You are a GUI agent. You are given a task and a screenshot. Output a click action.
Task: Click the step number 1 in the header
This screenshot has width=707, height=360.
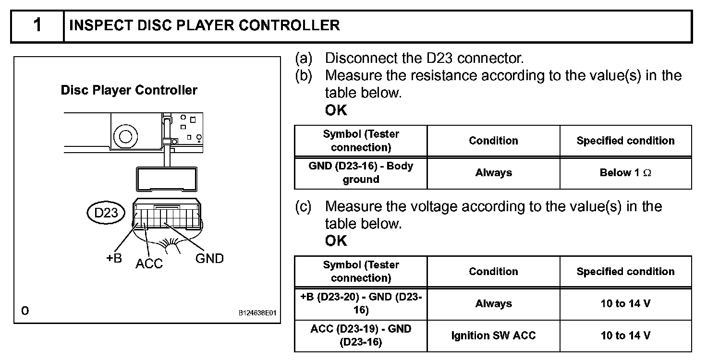click(37, 25)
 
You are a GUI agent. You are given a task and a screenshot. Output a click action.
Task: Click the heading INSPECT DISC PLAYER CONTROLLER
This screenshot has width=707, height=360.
click(205, 25)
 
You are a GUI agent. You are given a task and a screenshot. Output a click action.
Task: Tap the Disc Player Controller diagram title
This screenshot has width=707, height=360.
click(129, 90)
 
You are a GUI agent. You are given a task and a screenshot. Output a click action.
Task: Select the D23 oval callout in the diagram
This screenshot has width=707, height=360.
click(106, 213)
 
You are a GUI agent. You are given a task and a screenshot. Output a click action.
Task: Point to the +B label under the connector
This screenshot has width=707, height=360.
click(114, 258)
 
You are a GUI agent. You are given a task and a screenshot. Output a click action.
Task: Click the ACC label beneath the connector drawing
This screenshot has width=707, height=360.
click(149, 264)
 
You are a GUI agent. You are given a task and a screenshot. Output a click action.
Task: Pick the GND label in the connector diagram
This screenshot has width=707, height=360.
click(209, 259)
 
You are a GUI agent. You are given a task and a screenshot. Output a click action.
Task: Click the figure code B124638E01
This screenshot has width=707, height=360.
click(258, 312)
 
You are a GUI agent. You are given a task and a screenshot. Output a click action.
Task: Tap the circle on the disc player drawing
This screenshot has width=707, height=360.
click(126, 136)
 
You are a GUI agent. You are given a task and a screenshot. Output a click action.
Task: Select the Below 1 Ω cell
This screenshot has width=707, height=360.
click(625, 173)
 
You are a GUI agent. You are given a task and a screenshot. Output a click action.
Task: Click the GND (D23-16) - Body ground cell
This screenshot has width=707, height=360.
click(361, 173)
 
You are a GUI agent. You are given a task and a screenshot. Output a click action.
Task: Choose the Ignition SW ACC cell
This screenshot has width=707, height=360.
click(493, 335)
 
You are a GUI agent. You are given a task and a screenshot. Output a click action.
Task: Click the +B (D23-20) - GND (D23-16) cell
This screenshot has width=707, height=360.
click(361, 304)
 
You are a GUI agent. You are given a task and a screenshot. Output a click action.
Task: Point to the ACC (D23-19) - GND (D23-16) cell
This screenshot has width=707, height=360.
click(361, 335)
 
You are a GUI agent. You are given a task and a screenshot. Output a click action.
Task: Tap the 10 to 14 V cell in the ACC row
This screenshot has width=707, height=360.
click(625, 335)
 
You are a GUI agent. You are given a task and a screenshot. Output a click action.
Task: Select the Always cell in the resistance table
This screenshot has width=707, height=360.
click(493, 173)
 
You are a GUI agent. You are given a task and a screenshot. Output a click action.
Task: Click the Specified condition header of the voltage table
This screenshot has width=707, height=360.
click(625, 272)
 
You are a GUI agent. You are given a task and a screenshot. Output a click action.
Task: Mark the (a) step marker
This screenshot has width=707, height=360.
click(303, 59)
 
